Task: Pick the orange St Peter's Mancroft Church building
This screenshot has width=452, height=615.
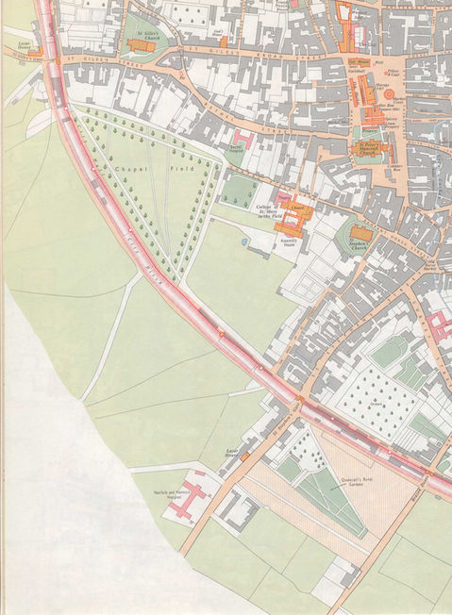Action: [376, 152]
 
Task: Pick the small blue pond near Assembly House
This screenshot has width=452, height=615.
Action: [244, 241]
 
